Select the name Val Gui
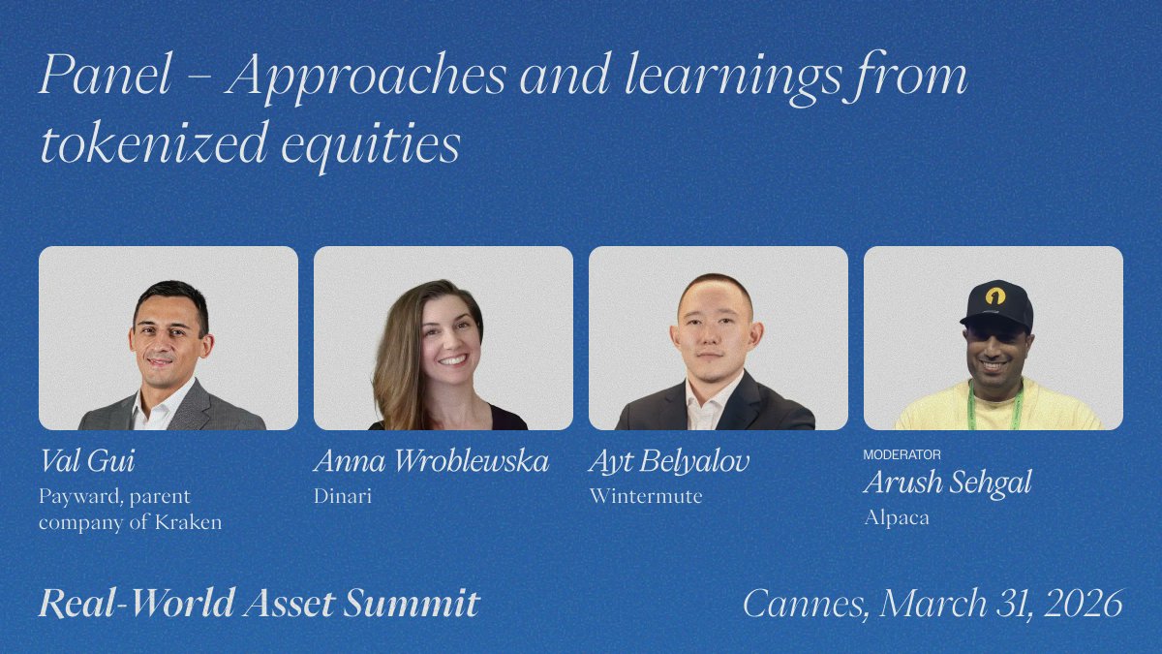pos(88,461)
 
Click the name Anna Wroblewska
pos(431,461)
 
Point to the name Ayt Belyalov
pos(669,461)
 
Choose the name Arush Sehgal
pos(947,483)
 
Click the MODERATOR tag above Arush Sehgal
pos(902,454)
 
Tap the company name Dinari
pos(343,496)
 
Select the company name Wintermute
pos(646,496)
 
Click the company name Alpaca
pos(897,517)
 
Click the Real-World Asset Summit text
pos(259,604)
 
